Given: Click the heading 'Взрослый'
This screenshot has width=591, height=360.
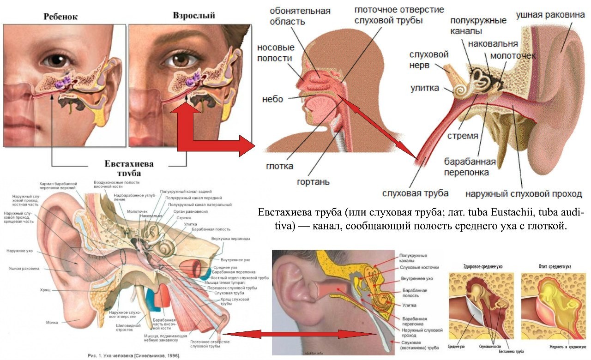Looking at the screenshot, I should click(x=194, y=15).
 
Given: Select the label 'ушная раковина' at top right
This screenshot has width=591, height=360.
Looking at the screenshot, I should click(x=550, y=15).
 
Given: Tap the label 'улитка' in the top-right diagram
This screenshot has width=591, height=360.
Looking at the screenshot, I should click(x=425, y=88).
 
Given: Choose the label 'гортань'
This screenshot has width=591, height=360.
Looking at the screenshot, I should click(x=313, y=181).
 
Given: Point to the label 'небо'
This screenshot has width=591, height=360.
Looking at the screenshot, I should click(x=272, y=99).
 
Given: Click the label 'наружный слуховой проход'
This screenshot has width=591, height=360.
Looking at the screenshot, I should click(x=523, y=194).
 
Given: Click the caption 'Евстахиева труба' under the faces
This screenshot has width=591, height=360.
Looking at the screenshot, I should click(x=129, y=168).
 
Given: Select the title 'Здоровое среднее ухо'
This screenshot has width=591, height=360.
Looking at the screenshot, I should click(x=483, y=267).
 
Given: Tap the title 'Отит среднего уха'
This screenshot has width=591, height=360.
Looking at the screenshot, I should click(x=555, y=267).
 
